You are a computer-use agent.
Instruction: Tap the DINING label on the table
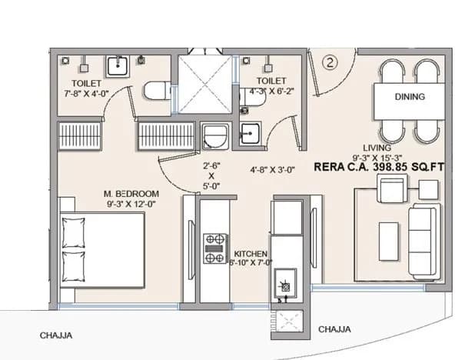pos(410,98)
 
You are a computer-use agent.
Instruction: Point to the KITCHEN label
pos(251,253)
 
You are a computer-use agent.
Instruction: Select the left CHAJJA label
pos(58,335)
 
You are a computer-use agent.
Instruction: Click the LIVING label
pos(377,148)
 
